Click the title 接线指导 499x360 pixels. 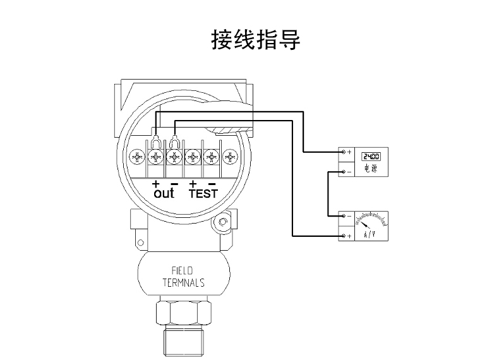[x=255, y=39]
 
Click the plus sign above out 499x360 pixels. [x=155, y=183]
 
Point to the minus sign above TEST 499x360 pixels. [x=212, y=183]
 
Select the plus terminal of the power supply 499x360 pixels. [x=344, y=152]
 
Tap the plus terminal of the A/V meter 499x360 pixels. [x=344, y=236]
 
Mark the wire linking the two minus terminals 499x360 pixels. [x=327, y=194]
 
